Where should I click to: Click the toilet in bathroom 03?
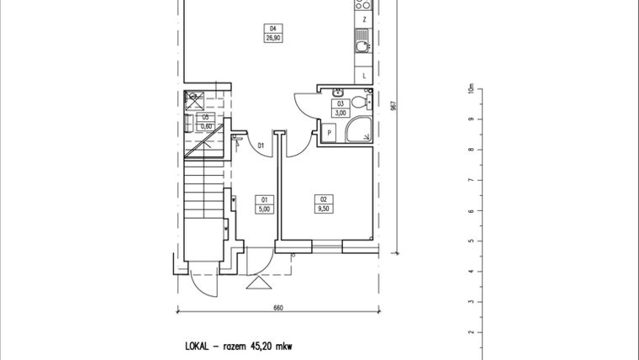click(360, 102)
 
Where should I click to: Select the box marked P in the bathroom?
click(329, 132)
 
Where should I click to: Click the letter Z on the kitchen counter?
click(363, 19)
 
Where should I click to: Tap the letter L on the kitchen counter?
click(363, 77)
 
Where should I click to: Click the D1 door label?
click(261, 146)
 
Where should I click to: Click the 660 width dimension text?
click(277, 308)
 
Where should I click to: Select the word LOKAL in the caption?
click(198, 346)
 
